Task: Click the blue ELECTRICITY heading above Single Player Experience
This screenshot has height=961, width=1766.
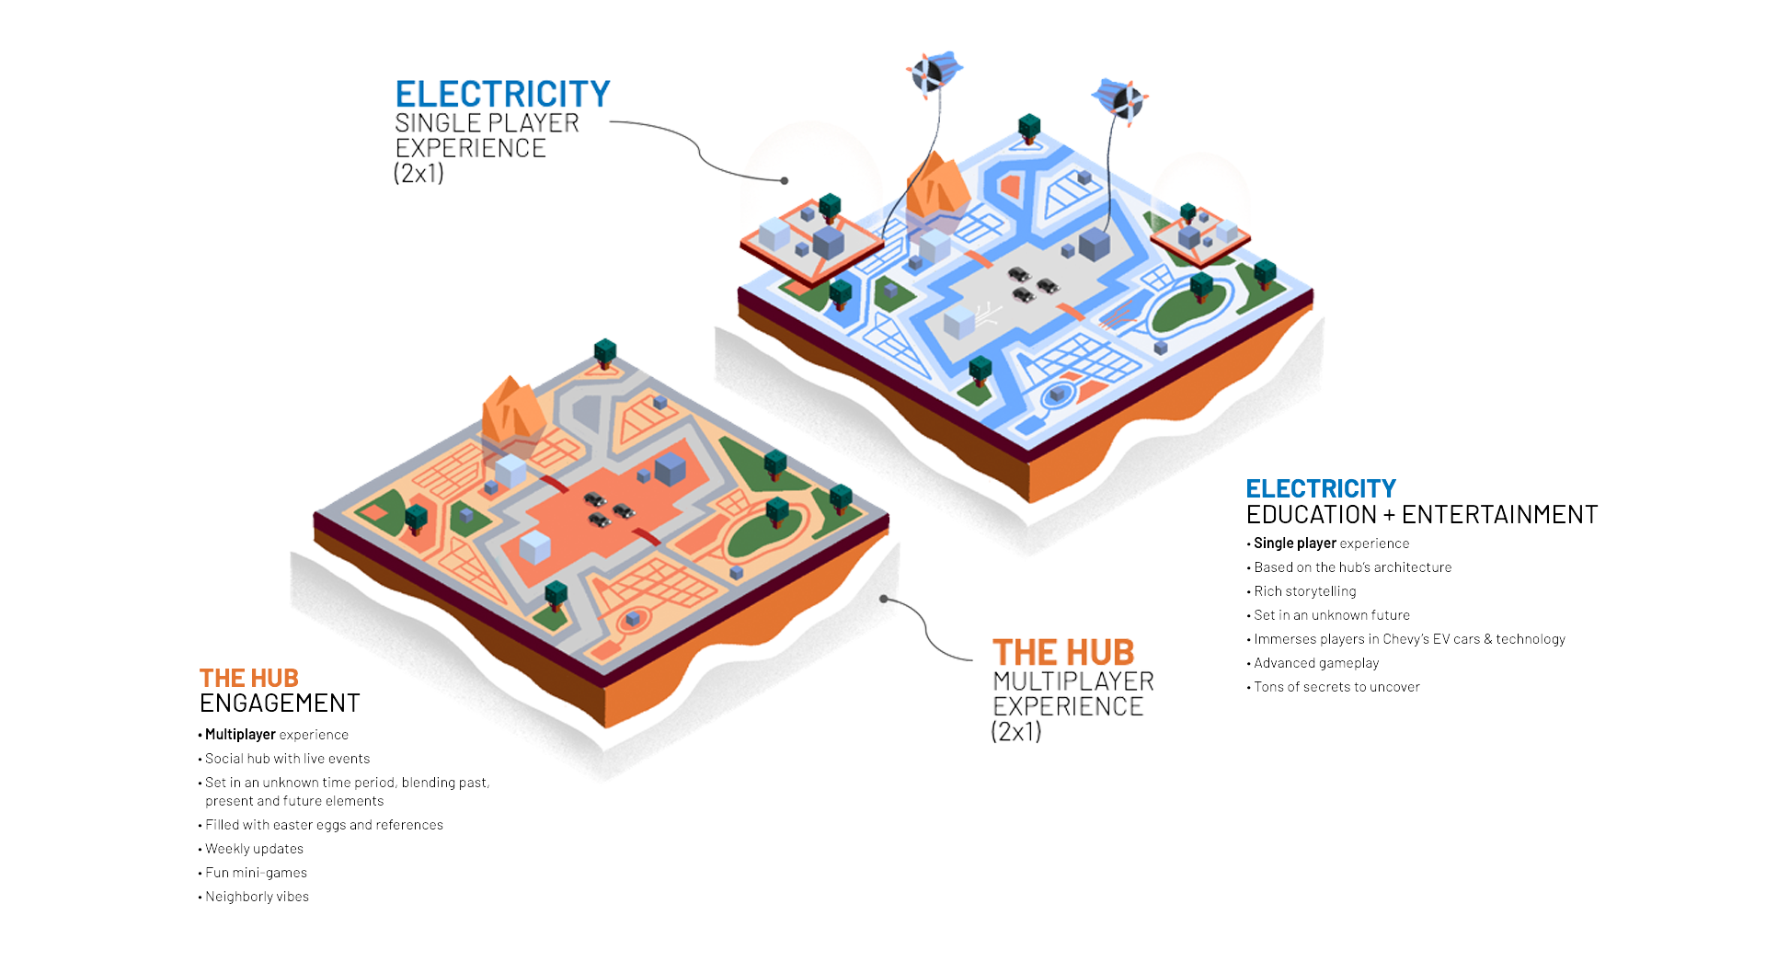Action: click(x=502, y=94)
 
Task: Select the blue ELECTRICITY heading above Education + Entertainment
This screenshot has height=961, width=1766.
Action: click(x=1320, y=488)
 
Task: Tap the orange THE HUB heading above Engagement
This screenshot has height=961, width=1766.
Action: click(x=248, y=679)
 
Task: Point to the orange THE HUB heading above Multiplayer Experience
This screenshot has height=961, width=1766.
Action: click(x=1062, y=653)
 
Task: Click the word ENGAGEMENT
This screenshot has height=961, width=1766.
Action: click(x=280, y=704)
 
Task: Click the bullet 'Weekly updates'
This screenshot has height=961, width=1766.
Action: click(x=254, y=849)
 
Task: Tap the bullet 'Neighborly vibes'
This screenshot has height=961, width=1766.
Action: click(x=257, y=897)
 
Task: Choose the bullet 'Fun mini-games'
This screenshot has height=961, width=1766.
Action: click(x=256, y=873)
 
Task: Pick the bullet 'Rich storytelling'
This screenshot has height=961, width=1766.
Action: click(x=1304, y=591)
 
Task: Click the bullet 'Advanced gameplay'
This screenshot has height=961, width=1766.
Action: click(x=1316, y=663)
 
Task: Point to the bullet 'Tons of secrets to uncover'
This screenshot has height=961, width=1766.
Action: click(x=1336, y=687)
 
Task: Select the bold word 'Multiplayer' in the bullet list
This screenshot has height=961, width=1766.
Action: click(x=240, y=735)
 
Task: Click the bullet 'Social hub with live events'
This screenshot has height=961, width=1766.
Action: click(x=287, y=759)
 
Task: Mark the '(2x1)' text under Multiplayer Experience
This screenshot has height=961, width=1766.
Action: click(x=1016, y=732)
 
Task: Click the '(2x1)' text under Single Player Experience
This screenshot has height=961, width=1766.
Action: click(x=419, y=173)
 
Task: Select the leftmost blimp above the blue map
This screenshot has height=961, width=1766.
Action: click(x=933, y=72)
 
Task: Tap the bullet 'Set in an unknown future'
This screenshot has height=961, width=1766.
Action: click(x=1331, y=615)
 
